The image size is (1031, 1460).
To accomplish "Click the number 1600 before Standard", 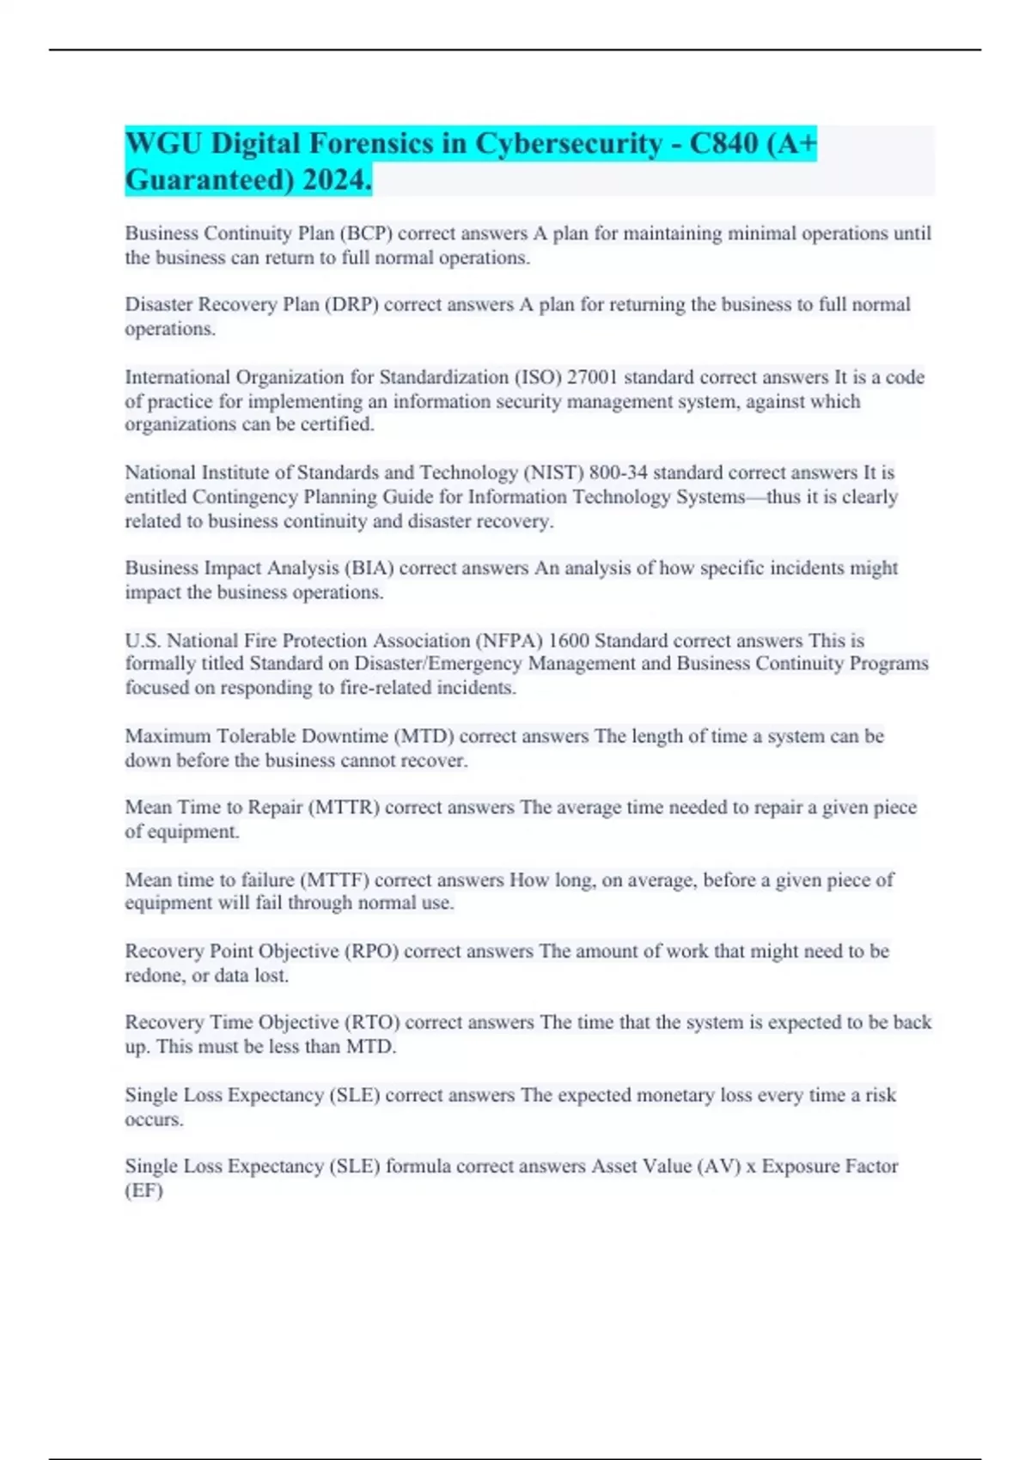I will (569, 641).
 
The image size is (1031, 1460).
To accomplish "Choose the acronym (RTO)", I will (372, 1023).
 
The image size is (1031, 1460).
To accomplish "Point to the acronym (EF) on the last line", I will (143, 1190).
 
